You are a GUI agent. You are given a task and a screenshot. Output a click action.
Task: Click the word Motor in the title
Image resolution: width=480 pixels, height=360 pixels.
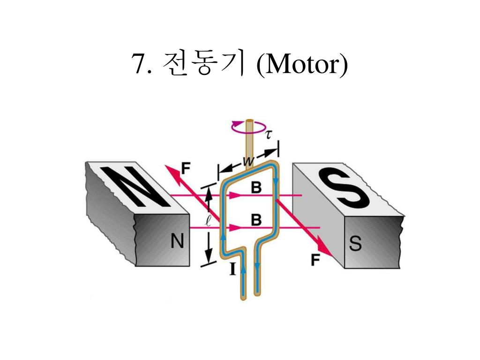[303, 65]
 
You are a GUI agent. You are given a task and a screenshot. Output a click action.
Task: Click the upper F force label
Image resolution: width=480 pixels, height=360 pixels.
[186, 167]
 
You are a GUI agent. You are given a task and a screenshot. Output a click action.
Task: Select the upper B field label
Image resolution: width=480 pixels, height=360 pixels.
[256, 188]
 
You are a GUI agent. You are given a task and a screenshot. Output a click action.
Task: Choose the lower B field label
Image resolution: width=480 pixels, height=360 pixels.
[256, 219]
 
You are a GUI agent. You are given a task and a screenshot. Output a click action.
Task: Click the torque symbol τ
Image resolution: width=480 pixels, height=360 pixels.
[269, 135]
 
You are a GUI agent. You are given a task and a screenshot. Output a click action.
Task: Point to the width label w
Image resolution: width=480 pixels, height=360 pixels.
[248, 161]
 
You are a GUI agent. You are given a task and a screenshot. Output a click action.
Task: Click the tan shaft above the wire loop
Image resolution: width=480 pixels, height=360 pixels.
[248, 138]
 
